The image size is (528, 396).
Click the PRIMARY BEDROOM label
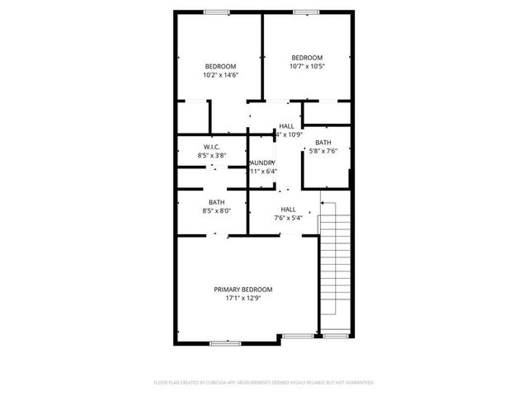coord(243,290)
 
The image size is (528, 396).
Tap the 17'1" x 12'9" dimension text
coord(243,299)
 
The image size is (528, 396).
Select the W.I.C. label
coord(212,147)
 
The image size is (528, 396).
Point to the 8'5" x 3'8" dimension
coord(212,155)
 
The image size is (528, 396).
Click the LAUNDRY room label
coord(263,163)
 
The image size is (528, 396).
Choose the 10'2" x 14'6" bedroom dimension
coord(220,75)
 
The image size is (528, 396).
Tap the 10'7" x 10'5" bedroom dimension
coord(306,66)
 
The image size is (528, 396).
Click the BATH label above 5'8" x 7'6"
coord(323,143)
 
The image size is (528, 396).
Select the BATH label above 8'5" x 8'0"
coord(216,202)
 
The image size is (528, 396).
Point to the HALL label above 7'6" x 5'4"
coord(288,210)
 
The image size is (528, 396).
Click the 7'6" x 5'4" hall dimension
coord(288,219)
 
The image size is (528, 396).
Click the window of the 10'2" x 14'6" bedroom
coord(218,12)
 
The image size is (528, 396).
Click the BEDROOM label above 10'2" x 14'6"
coord(220,67)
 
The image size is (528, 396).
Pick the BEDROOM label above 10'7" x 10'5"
coord(306,58)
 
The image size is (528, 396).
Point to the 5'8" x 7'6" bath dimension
coord(323,151)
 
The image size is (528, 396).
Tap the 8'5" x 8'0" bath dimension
coord(216,211)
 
